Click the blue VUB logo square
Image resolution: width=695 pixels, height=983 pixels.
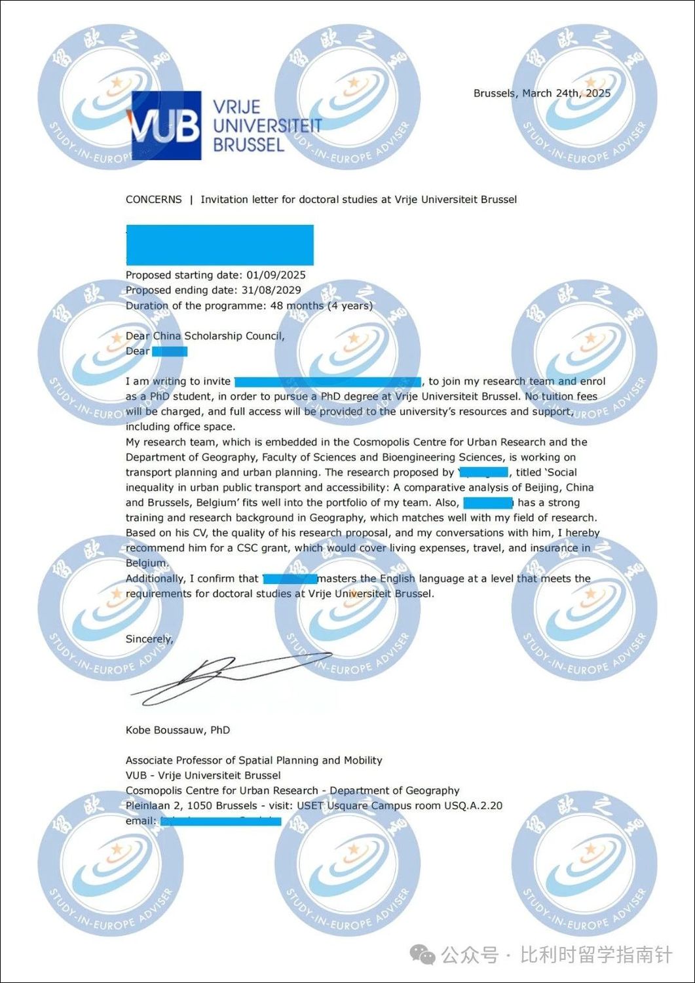[x=166, y=125]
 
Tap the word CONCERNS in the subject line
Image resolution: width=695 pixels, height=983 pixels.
[x=153, y=199]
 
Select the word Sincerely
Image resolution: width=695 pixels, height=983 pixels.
[x=149, y=639]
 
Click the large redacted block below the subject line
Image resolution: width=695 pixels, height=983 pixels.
[x=219, y=245]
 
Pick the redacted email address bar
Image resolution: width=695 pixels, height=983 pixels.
[x=221, y=821]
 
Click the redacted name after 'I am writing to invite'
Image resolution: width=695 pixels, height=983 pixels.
[x=328, y=381]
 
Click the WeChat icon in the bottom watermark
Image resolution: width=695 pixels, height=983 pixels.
[x=423, y=955]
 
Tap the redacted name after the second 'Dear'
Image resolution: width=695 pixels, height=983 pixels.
[x=170, y=351]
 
